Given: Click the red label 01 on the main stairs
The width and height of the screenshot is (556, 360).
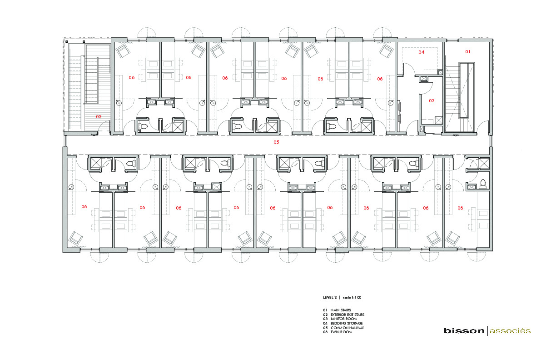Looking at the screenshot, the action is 467,52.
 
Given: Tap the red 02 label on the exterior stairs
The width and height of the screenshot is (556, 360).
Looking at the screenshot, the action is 99,116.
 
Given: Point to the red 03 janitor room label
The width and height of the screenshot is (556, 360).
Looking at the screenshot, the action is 432,100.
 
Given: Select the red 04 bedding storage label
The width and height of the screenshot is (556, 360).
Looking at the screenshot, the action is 422,52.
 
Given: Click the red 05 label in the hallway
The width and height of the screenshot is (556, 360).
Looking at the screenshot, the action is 276,142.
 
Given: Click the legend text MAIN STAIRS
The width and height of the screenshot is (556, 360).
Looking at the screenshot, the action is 341,310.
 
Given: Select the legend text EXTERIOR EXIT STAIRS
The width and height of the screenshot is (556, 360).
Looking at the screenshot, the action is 347,315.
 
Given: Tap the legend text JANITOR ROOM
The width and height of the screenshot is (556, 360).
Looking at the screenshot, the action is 343,319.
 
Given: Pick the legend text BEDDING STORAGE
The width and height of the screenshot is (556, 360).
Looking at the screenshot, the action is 347,323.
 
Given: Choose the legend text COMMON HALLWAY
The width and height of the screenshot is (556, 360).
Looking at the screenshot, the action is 347,328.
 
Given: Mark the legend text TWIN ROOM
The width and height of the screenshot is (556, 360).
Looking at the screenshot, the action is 341,332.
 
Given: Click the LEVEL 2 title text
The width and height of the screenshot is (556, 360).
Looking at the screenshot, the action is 330,297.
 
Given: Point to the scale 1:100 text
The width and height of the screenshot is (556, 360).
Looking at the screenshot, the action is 352,297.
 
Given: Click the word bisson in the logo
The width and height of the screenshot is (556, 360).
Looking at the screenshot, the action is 464,331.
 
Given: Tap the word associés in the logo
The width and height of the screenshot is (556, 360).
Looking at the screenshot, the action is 510,331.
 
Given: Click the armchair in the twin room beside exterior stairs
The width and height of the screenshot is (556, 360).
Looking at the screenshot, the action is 123,51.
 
